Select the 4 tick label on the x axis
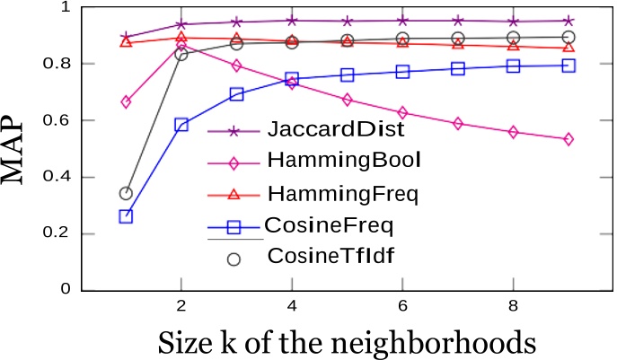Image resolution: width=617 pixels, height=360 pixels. [x=291, y=306]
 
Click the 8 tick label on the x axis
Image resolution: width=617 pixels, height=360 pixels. [x=513, y=306]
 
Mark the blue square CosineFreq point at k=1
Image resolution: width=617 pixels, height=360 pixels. [x=126, y=216]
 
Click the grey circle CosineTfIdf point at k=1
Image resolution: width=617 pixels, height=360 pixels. [x=126, y=193]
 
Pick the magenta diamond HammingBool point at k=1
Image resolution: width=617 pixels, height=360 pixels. [x=126, y=102]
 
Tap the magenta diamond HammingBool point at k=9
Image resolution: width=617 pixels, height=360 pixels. [x=569, y=139]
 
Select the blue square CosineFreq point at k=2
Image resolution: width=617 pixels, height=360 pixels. [x=181, y=125]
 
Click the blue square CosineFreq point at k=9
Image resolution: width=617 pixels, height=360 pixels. [x=569, y=66]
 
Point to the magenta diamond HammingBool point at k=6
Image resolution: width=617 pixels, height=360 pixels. [x=402, y=112]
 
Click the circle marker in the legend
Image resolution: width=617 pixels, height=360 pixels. [x=234, y=259]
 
